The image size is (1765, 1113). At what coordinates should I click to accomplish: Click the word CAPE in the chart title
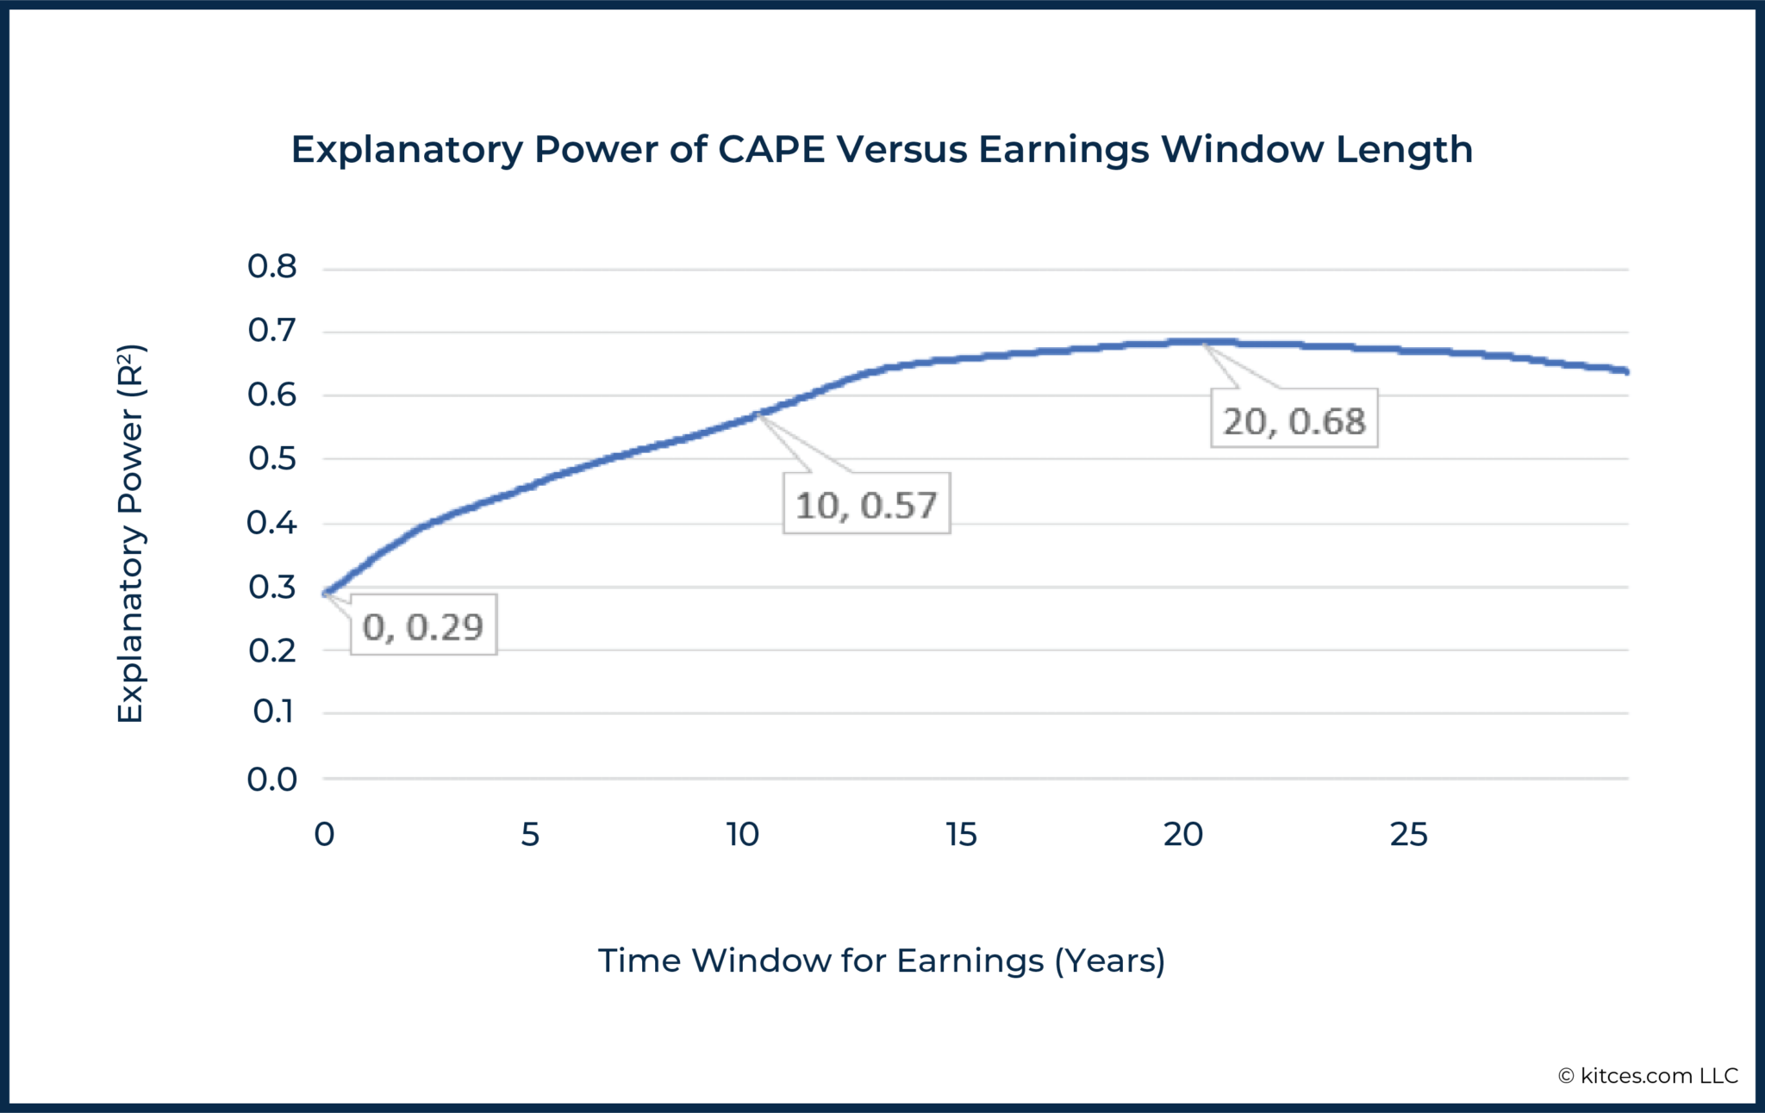click(x=770, y=149)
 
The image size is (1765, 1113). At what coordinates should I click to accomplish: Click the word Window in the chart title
click(x=1243, y=149)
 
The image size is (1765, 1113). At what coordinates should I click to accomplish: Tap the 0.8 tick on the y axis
click(x=272, y=267)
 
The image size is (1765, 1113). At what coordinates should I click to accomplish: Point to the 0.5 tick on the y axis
click(x=272, y=458)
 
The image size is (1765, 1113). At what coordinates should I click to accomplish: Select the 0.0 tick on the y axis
click(x=272, y=780)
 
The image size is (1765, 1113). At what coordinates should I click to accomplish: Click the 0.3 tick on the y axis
click(x=272, y=588)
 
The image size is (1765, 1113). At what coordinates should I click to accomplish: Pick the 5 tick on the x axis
click(x=530, y=834)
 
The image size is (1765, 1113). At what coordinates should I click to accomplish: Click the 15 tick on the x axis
click(x=961, y=834)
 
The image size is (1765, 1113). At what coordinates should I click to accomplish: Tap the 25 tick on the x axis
click(x=1408, y=834)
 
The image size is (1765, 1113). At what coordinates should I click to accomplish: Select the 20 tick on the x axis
click(x=1182, y=834)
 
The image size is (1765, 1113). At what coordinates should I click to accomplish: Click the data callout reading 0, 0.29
click(x=423, y=626)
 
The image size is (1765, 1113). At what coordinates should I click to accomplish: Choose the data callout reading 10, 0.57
click(x=866, y=505)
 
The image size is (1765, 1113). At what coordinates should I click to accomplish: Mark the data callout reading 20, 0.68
click(x=1294, y=420)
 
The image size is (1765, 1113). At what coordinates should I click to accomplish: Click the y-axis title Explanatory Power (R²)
click(x=130, y=534)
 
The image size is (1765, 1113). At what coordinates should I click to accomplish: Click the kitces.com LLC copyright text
click(x=1648, y=1075)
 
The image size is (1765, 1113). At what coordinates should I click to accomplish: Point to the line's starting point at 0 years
click(x=326, y=593)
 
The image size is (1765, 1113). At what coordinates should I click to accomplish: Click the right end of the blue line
click(x=1625, y=371)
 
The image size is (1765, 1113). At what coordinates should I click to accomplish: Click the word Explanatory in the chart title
click(x=406, y=149)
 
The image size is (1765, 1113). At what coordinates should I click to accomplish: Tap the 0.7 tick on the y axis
click(x=272, y=331)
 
